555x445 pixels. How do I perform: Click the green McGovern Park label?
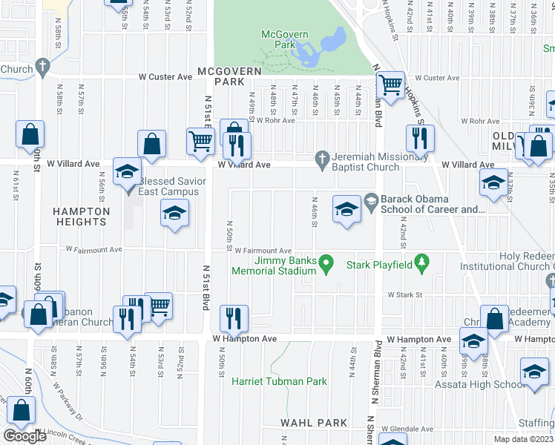(x=279, y=40)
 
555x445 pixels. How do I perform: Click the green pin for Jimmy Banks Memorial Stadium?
(x=324, y=263)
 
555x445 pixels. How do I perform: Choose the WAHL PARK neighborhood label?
(x=314, y=423)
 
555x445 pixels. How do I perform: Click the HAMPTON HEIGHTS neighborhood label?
(x=81, y=217)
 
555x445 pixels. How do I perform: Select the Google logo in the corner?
(x=25, y=436)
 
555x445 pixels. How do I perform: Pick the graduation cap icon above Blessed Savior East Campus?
(x=127, y=171)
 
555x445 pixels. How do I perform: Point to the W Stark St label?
(x=404, y=295)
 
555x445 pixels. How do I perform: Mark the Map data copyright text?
(x=523, y=440)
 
